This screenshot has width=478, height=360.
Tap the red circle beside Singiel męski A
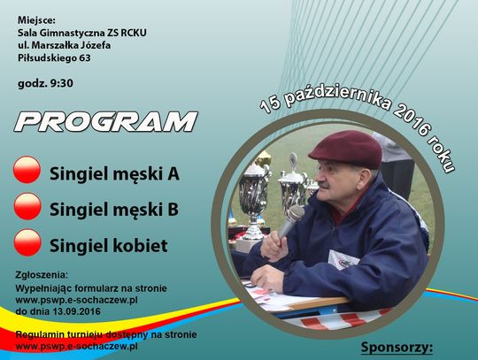pyautogui.click(x=27, y=172)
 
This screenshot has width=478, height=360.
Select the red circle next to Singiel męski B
pyautogui.click(x=27, y=208)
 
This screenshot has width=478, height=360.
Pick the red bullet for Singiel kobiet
pyautogui.click(x=27, y=243)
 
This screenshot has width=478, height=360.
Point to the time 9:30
pyautogui.click(x=60, y=85)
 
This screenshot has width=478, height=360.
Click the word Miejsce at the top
pyautogui.click(x=36, y=18)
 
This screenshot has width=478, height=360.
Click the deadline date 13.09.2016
pyautogui.click(x=75, y=311)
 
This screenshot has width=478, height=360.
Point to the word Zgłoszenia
pyautogui.click(x=45, y=275)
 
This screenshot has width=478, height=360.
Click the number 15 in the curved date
pyautogui.click(x=271, y=104)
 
